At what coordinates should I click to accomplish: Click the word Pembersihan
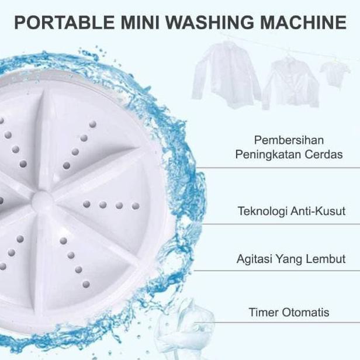click(x=289, y=141)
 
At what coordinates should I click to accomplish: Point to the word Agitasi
click(x=255, y=258)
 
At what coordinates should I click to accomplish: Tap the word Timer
click(x=264, y=312)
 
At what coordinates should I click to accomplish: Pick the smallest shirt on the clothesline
click(x=335, y=73)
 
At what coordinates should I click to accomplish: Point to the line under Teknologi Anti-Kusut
click(x=275, y=224)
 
